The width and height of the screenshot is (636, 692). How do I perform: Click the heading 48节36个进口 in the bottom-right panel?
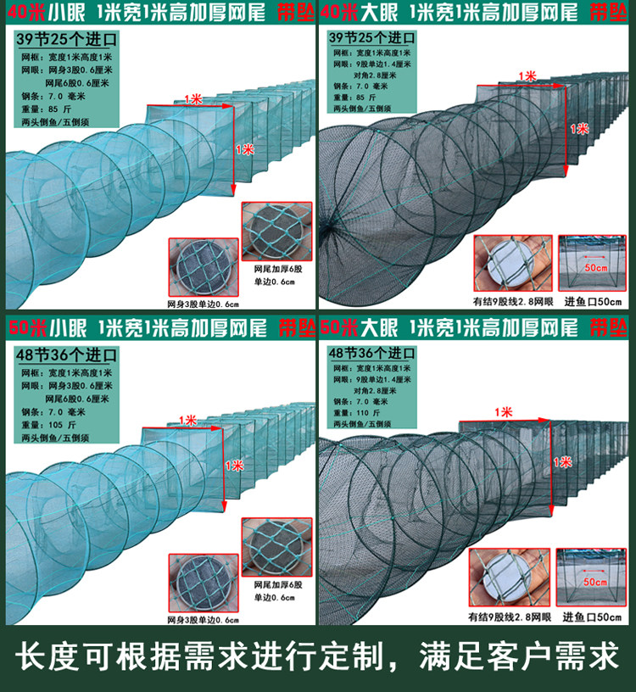pyautogui.click(x=371, y=354)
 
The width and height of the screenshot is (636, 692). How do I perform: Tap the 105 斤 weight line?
pyautogui.click(x=53, y=423)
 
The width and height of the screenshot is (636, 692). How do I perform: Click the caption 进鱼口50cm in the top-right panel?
pyautogui.click(x=592, y=301)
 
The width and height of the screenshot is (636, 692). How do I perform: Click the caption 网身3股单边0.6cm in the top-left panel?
pyautogui.click(x=203, y=304)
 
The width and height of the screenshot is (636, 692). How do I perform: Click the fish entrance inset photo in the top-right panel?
pyautogui.click(x=592, y=263)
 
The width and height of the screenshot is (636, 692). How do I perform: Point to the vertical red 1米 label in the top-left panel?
pyautogui.click(x=246, y=148)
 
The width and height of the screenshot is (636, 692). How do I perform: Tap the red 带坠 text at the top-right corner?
pyautogui.click(x=611, y=13)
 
